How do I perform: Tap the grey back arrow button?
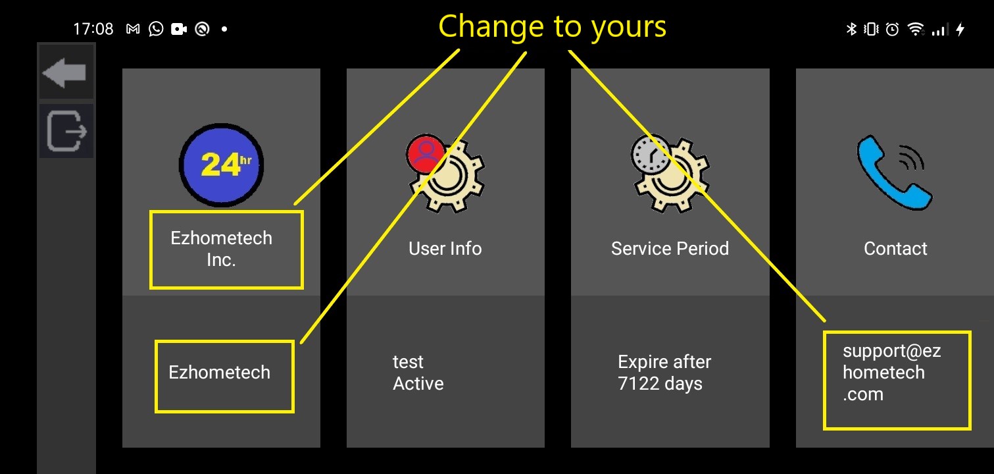pos(64,72)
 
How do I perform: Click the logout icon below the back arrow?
pos(66,131)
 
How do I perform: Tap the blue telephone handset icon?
pos(894,172)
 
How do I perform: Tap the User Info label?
pos(445,249)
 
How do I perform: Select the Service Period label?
pos(670,249)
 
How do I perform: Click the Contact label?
pos(895,249)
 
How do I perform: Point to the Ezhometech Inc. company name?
pos(222,249)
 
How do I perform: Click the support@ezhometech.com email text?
pos(891,373)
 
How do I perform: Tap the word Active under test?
pos(418,384)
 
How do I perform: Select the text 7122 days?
pos(660,384)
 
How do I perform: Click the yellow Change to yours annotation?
pos(552,27)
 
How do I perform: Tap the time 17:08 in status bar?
pos(93,29)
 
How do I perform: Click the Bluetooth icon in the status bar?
pos(851,29)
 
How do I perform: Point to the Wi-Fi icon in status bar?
pos(915,29)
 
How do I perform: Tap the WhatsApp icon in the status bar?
pos(156,29)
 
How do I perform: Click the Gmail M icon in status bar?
pos(133,29)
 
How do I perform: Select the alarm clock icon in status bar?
pos(893,29)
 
